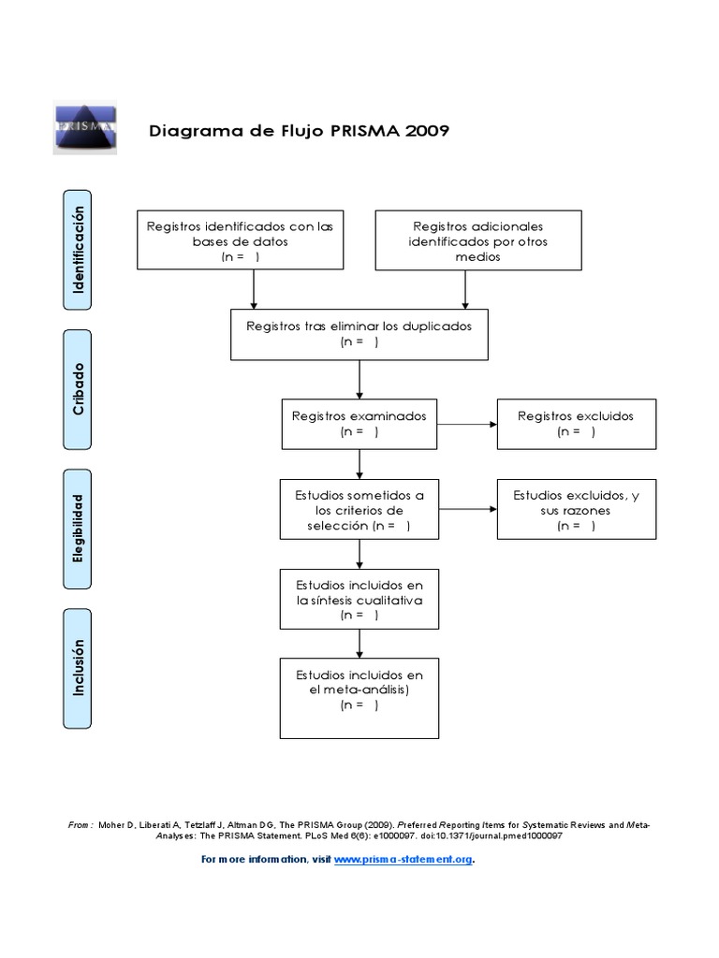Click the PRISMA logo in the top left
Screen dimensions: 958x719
83,128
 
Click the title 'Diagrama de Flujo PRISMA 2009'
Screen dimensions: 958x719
300,130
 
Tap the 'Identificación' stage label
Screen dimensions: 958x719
79,249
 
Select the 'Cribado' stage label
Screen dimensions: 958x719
79,389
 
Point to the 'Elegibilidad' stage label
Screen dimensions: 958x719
79,528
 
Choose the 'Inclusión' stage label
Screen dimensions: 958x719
79,668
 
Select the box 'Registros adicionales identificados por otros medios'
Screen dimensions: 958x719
477,240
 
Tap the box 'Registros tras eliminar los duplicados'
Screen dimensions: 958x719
359,334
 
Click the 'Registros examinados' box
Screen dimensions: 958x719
359,423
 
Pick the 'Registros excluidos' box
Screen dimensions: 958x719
576,423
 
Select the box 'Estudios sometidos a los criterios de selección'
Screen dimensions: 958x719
359,510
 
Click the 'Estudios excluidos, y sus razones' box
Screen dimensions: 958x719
576,510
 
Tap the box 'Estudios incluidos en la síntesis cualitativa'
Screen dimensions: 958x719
359,599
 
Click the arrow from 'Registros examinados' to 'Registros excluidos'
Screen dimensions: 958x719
467,424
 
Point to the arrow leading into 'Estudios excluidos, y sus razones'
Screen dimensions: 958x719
467,510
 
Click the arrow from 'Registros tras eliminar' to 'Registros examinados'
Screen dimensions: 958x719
359,379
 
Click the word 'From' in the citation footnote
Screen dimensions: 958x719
80,825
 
